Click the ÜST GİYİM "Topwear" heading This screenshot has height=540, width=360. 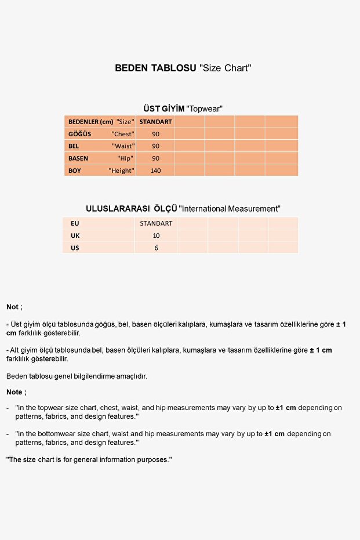click(183, 108)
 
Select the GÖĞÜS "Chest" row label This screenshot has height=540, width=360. click(101, 134)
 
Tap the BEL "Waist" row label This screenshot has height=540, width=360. click(101, 146)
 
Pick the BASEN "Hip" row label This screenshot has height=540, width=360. click(101, 158)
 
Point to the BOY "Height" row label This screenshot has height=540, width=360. click(101, 171)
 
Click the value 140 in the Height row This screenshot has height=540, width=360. click(155, 171)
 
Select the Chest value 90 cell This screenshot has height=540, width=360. click(155, 134)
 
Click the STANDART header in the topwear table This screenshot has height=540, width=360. click(155, 122)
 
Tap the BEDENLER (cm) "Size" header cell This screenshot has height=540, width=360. click(101, 122)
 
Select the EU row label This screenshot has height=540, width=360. click(75, 223)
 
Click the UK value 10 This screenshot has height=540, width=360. click(156, 235)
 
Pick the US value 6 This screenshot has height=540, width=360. click(156, 248)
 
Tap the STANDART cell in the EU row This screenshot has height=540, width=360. click(156, 223)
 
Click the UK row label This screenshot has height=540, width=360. click(75, 235)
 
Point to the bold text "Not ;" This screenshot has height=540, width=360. click(14, 307)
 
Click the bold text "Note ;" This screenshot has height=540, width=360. click(16, 392)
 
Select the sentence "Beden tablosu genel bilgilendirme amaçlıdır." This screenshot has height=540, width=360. click(77, 376)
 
